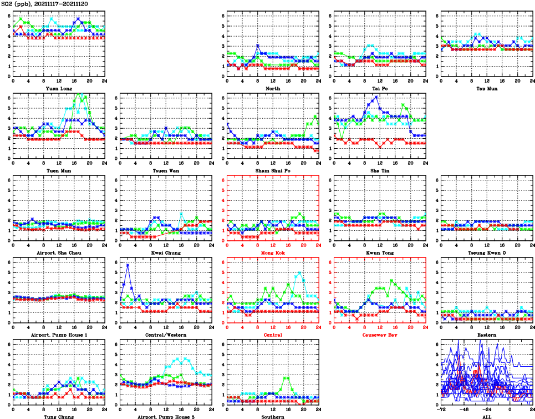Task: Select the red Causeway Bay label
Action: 380,335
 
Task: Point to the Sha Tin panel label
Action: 380,170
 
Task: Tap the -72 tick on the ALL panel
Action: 442,408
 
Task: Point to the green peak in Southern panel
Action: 287,377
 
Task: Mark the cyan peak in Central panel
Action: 299,273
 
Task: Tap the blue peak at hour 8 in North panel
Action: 258,46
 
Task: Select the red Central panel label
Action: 273,335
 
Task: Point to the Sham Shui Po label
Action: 273,170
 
